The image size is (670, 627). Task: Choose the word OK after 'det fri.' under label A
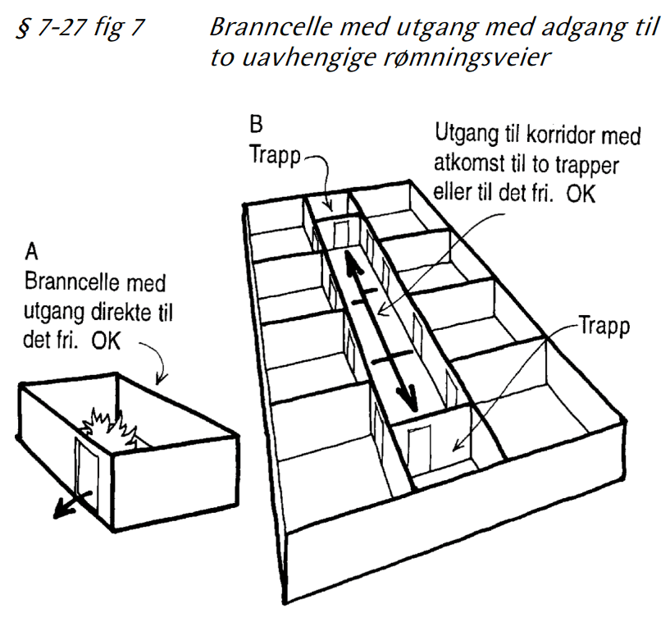(105, 338)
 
